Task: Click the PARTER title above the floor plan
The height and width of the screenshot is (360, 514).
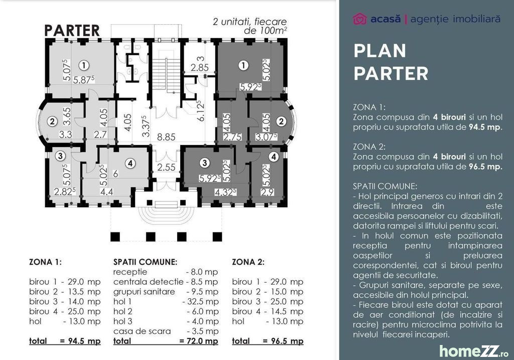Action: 72,31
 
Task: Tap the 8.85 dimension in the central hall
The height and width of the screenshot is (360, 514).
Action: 166,137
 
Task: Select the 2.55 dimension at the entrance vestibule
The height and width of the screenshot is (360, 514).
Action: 166,167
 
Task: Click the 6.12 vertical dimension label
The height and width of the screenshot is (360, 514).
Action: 201,110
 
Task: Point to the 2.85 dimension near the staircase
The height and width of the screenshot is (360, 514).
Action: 200,68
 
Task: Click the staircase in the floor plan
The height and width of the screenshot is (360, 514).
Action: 167,75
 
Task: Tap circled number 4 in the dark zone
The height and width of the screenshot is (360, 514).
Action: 274,157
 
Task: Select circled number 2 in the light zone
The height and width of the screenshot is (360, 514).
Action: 52,122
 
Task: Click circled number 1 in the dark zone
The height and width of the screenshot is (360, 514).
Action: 243,65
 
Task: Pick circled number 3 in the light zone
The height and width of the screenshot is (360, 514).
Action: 60,156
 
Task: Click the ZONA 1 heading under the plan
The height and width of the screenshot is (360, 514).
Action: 45,262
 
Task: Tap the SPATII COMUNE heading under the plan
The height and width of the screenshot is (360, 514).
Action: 145,262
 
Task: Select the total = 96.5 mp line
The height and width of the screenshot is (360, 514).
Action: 268,341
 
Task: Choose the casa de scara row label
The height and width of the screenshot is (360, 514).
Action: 142,331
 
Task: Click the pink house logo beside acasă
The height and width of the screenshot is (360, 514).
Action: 359,19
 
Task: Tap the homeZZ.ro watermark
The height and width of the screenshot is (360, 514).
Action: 474,351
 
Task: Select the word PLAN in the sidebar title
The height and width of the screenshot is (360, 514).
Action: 379,51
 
